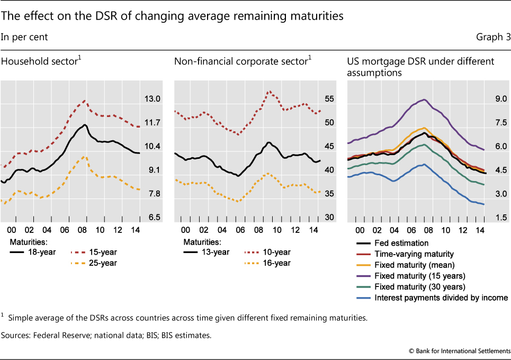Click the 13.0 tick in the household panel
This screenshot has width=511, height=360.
(153, 99)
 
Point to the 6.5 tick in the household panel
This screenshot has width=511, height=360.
(153, 218)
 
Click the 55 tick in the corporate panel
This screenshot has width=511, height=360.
(328, 99)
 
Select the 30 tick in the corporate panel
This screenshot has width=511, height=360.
(328, 218)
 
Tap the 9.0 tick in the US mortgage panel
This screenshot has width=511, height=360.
(501, 99)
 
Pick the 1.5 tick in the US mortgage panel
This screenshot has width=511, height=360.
(501, 218)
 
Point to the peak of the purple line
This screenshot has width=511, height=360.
(424, 100)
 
